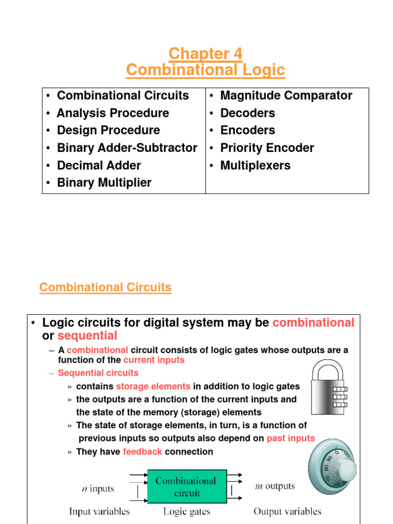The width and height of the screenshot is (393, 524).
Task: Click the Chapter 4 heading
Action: [x=205, y=53]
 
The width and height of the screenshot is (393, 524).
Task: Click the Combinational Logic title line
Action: [x=205, y=70]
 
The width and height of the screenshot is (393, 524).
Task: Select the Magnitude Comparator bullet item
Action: [x=286, y=96]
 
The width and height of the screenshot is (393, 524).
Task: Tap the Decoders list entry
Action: [x=248, y=113]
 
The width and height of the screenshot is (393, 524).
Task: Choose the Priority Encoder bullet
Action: [x=267, y=148]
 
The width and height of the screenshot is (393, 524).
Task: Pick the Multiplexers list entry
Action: [x=255, y=165]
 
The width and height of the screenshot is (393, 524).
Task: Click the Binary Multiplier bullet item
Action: [x=104, y=183]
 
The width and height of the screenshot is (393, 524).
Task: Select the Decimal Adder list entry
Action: [x=99, y=165]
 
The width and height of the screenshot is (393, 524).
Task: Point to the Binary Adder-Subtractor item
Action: [x=127, y=148]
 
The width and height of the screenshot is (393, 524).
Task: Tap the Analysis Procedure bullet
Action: [x=113, y=113]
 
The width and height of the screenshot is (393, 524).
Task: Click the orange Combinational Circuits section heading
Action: [x=105, y=288]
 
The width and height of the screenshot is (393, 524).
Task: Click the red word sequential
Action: [x=88, y=336]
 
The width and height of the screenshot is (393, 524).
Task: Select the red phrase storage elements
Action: [x=153, y=386]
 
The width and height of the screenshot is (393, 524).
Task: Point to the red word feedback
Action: [x=142, y=452]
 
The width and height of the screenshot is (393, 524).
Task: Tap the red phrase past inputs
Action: [x=291, y=438]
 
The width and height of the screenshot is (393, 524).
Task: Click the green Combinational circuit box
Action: [x=186, y=487]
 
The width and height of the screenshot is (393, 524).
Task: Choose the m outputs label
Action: [x=275, y=486]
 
